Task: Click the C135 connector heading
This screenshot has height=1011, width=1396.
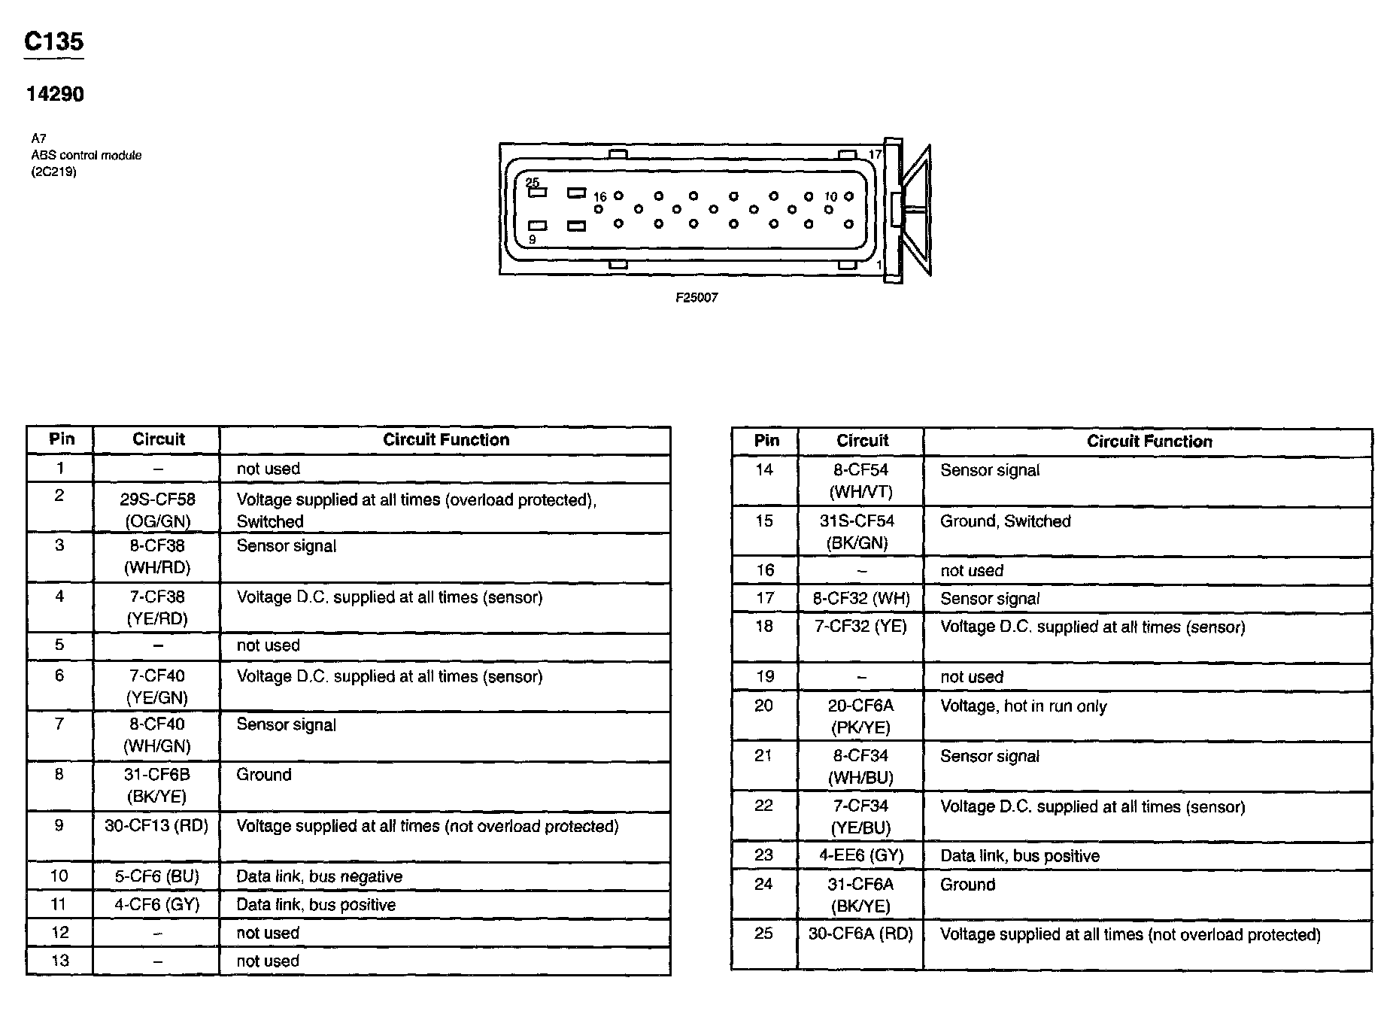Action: (53, 41)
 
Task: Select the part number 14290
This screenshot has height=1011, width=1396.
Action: (55, 94)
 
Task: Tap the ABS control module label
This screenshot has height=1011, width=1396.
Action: (86, 155)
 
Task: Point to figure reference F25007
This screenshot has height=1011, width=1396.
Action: (696, 298)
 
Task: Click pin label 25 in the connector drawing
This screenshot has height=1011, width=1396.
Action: (533, 182)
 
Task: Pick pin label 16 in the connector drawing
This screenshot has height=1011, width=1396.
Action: (599, 197)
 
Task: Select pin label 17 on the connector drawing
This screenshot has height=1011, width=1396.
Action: (875, 155)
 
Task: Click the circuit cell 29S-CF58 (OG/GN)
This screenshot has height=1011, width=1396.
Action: (157, 510)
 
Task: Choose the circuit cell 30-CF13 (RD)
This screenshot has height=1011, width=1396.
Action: (156, 825)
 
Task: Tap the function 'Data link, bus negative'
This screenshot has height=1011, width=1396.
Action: (319, 876)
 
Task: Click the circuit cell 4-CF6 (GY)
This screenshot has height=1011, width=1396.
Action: (156, 904)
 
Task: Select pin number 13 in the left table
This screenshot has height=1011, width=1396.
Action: (60, 961)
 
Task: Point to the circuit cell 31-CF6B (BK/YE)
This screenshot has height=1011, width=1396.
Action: (156, 785)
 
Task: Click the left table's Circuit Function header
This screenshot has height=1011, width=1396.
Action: (446, 440)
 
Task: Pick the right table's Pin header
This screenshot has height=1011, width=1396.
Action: (766, 441)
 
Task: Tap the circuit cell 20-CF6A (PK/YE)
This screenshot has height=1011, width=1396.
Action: (860, 716)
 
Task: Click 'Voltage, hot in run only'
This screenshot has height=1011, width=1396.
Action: (1023, 706)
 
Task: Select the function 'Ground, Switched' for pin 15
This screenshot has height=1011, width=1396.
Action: (1005, 521)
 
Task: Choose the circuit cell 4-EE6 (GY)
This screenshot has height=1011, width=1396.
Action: (860, 855)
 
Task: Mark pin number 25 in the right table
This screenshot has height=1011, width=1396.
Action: (763, 934)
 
